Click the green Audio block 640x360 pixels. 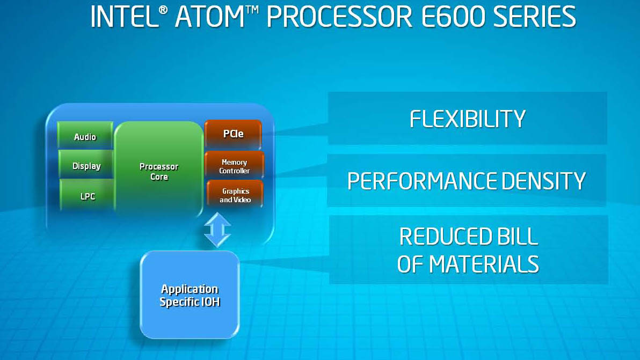pyautogui.click(x=85, y=135)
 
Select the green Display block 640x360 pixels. pyautogui.click(x=86, y=165)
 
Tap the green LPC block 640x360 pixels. pyautogui.click(x=88, y=195)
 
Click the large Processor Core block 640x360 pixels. pyautogui.click(x=159, y=170)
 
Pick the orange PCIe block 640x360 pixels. pyautogui.click(x=233, y=134)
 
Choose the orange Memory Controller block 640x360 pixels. pyautogui.click(x=234, y=165)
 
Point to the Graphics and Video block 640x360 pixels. pyautogui.click(x=235, y=194)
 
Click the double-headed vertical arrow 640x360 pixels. pyautogui.click(x=217, y=230)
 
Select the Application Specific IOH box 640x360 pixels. pyautogui.click(x=190, y=295)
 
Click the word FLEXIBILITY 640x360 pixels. pyautogui.click(x=467, y=119)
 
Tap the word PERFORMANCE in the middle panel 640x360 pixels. pyautogui.click(x=421, y=181)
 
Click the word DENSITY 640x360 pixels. pyautogui.click(x=543, y=181)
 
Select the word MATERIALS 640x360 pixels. pyautogui.click(x=484, y=264)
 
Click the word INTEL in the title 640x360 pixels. pyautogui.click(x=124, y=17)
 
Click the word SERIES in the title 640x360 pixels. pyautogui.click(x=534, y=17)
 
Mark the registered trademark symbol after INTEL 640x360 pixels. pyautogui.click(x=163, y=10)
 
